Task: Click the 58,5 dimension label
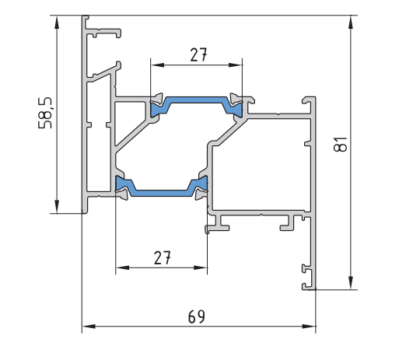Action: tap(45, 113)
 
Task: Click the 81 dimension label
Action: tap(340, 144)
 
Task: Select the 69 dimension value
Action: tap(196, 316)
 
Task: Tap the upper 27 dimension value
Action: tap(199, 54)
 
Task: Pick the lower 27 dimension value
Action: tap(163, 257)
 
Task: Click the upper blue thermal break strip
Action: tap(196, 100)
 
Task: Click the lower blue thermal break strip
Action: tap(161, 193)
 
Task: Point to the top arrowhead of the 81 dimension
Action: tap(351, 22)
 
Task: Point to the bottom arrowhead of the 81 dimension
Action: tap(351, 283)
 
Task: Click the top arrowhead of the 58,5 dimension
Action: tap(57, 22)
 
